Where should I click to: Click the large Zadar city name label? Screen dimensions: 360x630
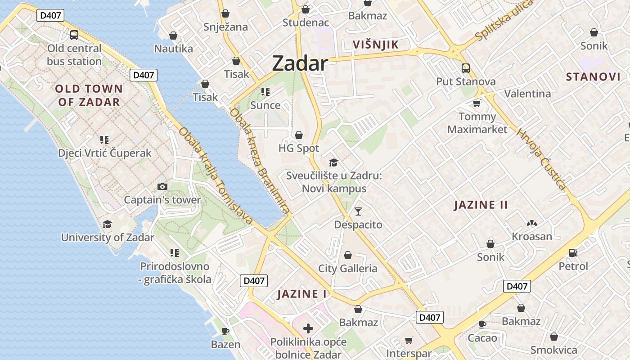point(300,63)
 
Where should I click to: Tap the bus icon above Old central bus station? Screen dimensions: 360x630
point(74,35)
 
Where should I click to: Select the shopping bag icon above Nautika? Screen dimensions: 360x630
point(173,36)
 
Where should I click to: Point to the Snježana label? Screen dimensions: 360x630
point(225,27)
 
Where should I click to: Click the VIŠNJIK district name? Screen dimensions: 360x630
point(376,45)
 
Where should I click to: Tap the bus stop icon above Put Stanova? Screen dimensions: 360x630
point(466,68)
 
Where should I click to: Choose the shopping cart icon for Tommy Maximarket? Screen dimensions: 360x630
point(477,103)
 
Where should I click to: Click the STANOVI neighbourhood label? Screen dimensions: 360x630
point(593,76)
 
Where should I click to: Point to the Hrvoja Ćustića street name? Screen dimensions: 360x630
point(541,159)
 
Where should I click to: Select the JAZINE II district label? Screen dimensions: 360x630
point(481,205)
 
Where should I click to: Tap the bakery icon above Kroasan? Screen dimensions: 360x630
point(532,223)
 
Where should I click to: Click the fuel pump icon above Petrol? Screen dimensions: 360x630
point(573,253)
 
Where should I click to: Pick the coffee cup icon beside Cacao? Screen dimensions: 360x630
point(482,324)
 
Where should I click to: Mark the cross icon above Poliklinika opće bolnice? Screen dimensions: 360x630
point(308,328)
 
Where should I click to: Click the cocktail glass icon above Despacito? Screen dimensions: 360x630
point(358,211)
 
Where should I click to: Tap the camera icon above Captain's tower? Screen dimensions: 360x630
point(162,186)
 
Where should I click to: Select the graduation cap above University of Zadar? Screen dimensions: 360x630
point(108,224)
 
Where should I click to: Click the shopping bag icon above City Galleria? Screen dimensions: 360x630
point(348,256)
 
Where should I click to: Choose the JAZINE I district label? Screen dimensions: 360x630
point(301,294)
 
